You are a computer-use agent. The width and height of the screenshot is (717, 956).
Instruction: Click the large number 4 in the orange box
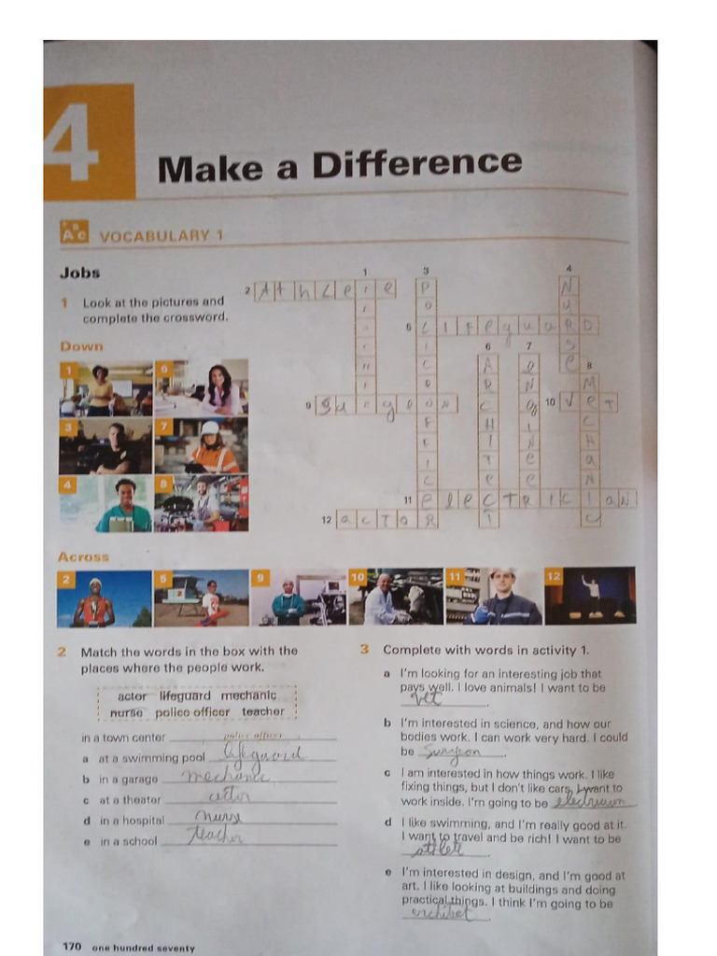(72, 143)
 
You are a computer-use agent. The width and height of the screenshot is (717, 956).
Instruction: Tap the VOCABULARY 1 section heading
(161, 236)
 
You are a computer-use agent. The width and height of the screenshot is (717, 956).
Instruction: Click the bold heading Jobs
(79, 274)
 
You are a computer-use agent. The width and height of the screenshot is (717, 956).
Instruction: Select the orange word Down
(81, 346)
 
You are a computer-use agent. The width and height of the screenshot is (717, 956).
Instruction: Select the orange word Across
(83, 557)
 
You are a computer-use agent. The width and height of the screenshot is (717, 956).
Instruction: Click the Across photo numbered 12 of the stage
(590, 596)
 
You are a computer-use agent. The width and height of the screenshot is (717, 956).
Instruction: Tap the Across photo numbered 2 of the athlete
(105, 598)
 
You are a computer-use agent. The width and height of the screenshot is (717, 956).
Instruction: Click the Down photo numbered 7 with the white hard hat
(202, 445)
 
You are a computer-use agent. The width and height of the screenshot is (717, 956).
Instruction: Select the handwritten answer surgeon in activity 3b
(452, 752)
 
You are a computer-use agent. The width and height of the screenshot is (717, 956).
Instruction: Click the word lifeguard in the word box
(185, 696)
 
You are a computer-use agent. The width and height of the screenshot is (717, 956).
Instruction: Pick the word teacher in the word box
(262, 711)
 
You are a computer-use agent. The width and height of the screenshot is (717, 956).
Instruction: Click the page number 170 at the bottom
(72, 947)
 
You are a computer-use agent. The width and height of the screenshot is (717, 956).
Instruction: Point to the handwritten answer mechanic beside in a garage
(224, 777)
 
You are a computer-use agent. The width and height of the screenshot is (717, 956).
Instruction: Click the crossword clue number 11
(408, 500)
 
